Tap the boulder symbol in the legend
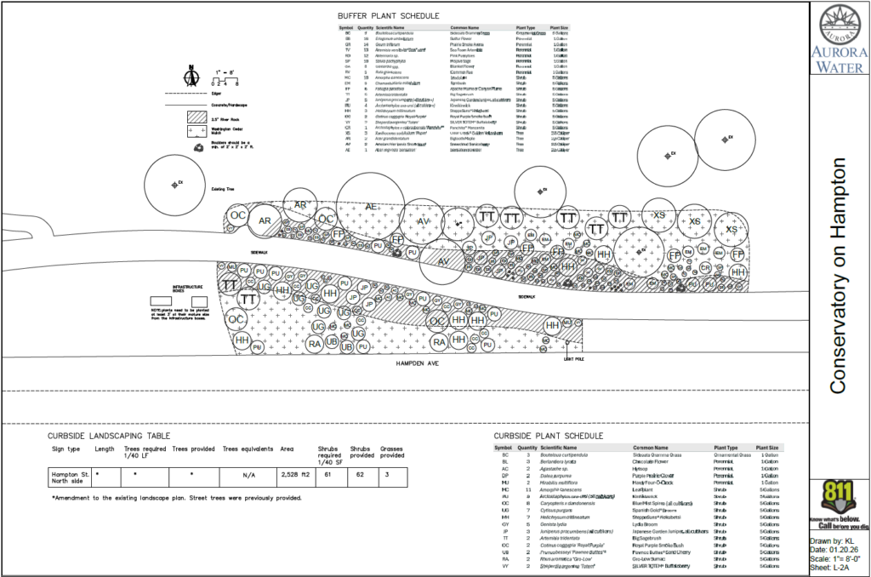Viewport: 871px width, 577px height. [x=198, y=147]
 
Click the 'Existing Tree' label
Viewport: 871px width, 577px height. [x=222, y=189]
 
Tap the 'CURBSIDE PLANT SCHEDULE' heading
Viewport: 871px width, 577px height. [x=548, y=434]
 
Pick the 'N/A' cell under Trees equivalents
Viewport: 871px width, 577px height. [x=249, y=475]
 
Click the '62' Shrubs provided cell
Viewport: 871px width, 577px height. [x=361, y=474]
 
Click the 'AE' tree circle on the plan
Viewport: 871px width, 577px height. [x=371, y=207]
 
